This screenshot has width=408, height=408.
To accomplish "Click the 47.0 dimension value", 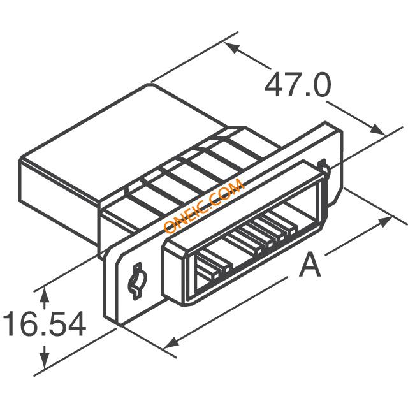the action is pyautogui.click(x=298, y=85).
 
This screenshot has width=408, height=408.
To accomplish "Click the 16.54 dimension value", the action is pyautogui.click(x=44, y=323).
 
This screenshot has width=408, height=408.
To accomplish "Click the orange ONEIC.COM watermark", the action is pyautogui.click(x=204, y=205).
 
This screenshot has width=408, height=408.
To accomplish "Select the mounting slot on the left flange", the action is pyautogui.click(x=137, y=281).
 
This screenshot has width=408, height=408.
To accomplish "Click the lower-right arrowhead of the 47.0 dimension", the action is pyautogui.click(x=378, y=129).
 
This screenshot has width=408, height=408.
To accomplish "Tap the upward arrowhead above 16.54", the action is pyautogui.click(x=45, y=295).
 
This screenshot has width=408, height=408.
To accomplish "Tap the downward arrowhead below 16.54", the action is pyautogui.click(x=45, y=361).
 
